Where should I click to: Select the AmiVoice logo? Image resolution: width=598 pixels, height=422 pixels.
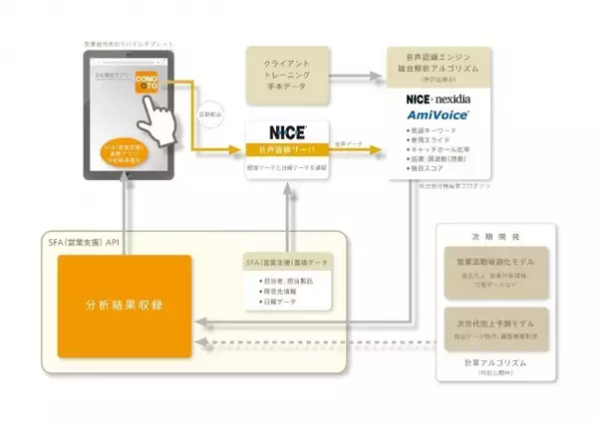(x=444, y=115)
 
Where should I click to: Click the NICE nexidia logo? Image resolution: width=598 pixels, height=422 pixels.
(x=444, y=100)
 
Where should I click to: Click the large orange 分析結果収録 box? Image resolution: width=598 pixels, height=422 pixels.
(x=124, y=304)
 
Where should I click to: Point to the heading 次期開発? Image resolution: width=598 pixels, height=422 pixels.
(x=495, y=240)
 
